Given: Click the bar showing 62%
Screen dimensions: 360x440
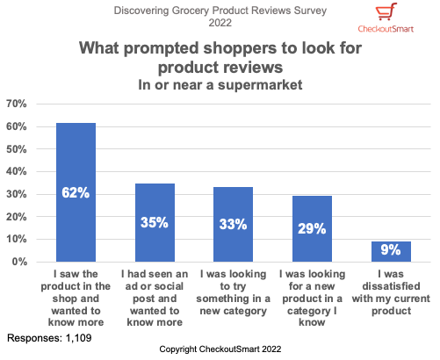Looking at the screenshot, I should (x=76, y=192).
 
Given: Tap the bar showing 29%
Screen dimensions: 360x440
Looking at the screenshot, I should (x=311, y=229).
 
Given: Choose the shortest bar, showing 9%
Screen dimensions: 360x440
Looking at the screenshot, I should (x=390, y=251).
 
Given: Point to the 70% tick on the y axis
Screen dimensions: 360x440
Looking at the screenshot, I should (x=18, y=104).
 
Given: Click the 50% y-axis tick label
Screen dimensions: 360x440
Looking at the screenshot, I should (x=18, y=149).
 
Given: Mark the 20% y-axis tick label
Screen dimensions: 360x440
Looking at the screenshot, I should (x=18, y=217).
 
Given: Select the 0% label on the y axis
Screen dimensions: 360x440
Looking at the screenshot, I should (x=20, y=262).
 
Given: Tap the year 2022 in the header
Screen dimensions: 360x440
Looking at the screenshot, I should (x=220, y=25).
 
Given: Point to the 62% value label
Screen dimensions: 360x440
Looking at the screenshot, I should (x=76, y=192).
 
